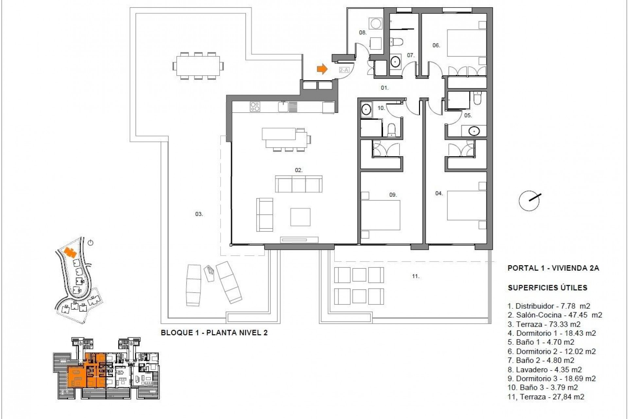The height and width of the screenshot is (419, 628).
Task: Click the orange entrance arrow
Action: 322,69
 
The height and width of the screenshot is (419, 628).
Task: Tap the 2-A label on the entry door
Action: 343,70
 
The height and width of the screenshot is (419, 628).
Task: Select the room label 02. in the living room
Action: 299,170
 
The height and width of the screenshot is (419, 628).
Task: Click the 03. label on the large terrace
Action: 199,214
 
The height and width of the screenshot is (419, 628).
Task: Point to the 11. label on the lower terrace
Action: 415,276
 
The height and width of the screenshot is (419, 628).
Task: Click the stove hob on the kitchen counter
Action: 255,107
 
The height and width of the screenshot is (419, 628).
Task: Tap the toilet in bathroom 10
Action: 392,130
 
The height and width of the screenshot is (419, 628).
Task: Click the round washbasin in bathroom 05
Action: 473,131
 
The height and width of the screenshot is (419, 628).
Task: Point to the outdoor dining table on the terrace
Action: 198,66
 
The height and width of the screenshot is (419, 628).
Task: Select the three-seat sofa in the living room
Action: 299,184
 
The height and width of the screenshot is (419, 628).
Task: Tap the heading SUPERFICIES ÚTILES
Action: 548,288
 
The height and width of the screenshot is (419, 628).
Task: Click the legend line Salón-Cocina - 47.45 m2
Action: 555,315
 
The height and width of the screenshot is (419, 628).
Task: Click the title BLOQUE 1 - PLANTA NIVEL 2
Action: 214,333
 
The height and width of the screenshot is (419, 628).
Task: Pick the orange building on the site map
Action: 70,252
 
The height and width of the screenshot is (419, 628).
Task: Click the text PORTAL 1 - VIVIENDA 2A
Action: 553,268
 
